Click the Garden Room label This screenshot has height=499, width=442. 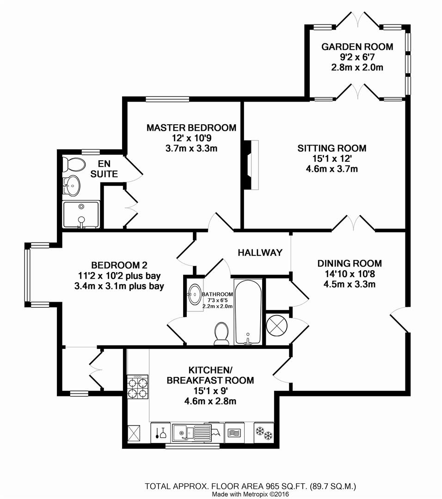pos(357,47)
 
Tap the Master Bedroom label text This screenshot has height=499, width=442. pos(191,128)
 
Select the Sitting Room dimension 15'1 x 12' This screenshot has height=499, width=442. pos(331,158)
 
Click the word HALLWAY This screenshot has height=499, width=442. pos(260,253)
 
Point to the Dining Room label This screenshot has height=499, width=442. pos(349,264)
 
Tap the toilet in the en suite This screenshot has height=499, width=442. pos(74,164)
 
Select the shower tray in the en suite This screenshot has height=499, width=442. pos(81,214)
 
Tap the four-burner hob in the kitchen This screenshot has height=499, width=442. pos(138,387)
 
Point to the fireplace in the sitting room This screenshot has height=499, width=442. pos(252,164)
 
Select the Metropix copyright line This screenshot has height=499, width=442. pos(250,494)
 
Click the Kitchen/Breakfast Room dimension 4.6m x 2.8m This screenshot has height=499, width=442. pos(210,401)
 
